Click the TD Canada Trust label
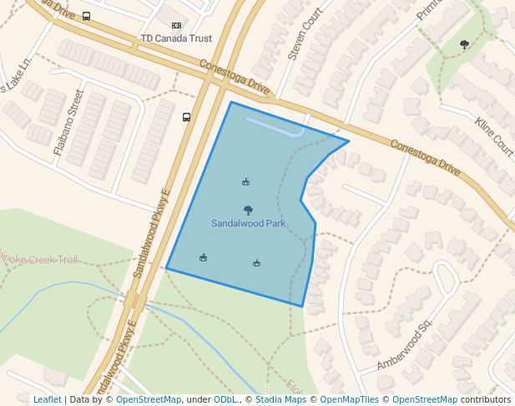(176, 38)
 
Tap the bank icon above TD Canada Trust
(176, 26)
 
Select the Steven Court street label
(305, 34)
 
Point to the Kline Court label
(494, 136)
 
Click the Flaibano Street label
(69, 123)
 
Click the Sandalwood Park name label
(248, 224)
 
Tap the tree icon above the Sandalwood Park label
(248, 211)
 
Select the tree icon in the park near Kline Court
(464, 44)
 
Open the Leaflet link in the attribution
(47, 400)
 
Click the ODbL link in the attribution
(225, 400)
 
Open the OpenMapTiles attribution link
(351, 400)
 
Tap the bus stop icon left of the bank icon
(87, 16)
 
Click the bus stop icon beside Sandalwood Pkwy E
(186, 118)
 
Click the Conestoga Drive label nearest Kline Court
(425, 156)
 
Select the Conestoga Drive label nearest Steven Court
(235, 76)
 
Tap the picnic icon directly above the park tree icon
(245, 181)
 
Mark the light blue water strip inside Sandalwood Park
(275, 128)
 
